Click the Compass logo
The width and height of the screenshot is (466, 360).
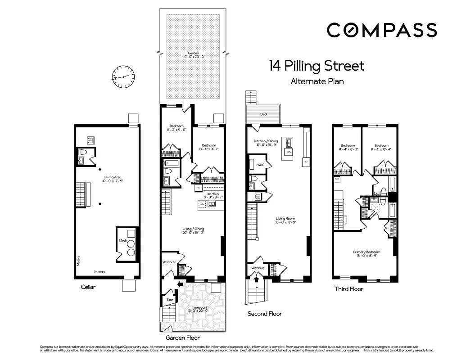click(381, 30)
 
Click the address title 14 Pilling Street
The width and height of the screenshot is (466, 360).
click(317, 66)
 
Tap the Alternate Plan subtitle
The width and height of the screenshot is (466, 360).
click(317, 81)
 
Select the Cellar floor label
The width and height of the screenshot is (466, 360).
click(88, 287)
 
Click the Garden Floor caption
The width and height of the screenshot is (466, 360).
click(182, 337)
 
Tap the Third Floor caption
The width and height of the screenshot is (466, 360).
click(348, 288)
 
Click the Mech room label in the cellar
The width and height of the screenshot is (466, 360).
click(122, 241)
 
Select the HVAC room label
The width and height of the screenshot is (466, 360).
click(260, 165)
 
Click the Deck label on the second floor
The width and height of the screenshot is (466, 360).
click(264, 114)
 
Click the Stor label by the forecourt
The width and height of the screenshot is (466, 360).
click(170, 299)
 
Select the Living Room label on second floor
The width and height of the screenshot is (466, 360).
click(285, 219)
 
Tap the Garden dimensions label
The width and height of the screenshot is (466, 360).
click(194, 55)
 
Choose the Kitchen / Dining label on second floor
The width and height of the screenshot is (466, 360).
click(266, 142)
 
